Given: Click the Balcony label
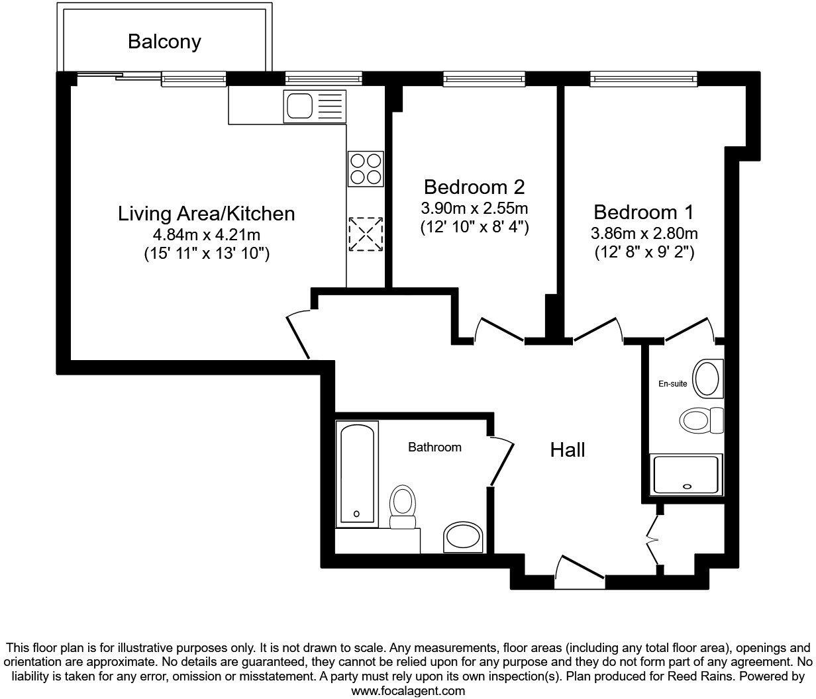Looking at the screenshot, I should pyautogui.click(x=164, y=42).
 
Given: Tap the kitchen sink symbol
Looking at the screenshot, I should pyautogui.click(x=314, y=106).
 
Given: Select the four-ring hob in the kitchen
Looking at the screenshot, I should pyautogui.click(x=366, y=168).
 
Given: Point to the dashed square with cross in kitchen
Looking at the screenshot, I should pyautogui.click(x=366, y=234).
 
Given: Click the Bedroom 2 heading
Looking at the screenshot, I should pyautogui.click(x=474, y=186).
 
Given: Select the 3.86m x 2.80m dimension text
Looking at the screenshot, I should pyautogui.click(x=644, y=233).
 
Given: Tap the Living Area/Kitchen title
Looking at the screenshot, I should pyautogui.click(x=206, y=213).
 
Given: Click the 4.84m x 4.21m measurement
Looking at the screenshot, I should pyautogui.click(x=206, y=234).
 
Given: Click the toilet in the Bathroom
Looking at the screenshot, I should pyautogui.click(x=402, y=506).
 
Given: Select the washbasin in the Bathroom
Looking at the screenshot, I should pyautogui.click(x=463, y=537).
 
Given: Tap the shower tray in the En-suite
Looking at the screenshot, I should pyautogui.click(x=688, y=474).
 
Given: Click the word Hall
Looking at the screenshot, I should pyautogui.click(x=568, y=450).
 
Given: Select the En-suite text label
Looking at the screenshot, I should pyautogui.click(x=672, y=383).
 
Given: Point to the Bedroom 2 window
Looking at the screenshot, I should pyautogui.click(x=484, y=79).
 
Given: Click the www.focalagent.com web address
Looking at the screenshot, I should pyautogui.click(x=407, y=690).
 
